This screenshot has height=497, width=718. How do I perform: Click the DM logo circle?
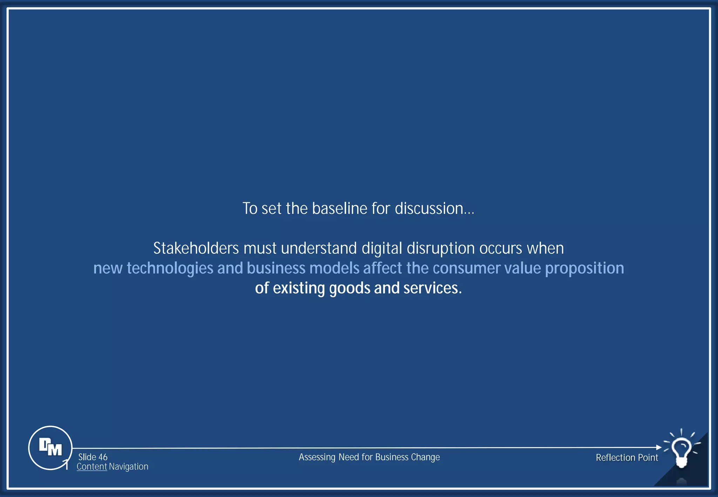click(x=50, y=448)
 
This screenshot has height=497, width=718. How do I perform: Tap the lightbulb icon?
click(x=681, y=452)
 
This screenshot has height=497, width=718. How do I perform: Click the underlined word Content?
click(x=92, y=467)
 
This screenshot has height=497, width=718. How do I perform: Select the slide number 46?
click(x=103, y=457)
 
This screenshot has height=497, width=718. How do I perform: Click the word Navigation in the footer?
click(x=129, y=467)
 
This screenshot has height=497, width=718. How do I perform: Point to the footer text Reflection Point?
click(x=627, y=457)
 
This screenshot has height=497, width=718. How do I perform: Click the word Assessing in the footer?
click(x=317, y=457)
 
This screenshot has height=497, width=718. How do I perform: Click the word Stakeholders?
click(x=196, y=248)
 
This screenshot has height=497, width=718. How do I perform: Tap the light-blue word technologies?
click(x=170, y=268)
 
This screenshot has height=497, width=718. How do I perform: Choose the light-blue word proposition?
click(x=584, y=268)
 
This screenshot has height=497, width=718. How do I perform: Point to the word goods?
click(x=349, y=288)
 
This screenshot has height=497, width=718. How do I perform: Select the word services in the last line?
click(x=432, y=288)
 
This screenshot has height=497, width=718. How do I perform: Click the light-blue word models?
click(x=334, y=268)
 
